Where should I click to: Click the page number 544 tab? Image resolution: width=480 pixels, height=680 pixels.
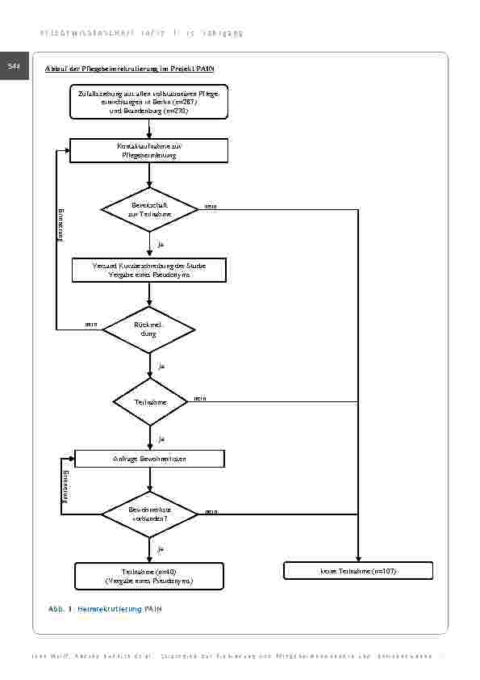click(14, 66)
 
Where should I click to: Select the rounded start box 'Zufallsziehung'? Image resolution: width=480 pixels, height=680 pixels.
click(149, 103)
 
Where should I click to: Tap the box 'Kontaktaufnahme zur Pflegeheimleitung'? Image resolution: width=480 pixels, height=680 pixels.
click(149, 150)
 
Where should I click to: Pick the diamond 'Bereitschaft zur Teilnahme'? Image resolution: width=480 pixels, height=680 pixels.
click(149, 210)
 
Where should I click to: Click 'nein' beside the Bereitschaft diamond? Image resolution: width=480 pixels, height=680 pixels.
click(211, 207)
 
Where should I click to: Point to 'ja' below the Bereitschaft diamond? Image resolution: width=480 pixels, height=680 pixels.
click(161, 243)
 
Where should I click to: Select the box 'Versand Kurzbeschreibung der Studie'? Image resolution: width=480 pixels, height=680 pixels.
click(149, 270)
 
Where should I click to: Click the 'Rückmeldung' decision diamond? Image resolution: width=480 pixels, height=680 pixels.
click(149, 330)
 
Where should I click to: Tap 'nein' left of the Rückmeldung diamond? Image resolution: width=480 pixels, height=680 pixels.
click(91, 325)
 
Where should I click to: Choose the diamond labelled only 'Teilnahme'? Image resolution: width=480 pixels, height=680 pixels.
click(149, 401)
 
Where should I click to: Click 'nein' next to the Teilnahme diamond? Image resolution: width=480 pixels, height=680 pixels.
click(199, 398)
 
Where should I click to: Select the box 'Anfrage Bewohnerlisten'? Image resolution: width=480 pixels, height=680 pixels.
click(149, 459)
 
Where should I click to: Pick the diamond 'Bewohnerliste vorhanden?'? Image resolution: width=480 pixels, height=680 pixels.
click(149, 514)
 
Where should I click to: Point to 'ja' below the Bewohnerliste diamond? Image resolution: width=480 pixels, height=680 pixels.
click(161, 549)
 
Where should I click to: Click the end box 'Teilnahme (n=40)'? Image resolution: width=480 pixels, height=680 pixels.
click(149, 576)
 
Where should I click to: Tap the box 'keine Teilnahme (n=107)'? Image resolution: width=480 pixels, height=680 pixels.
click(358, 571)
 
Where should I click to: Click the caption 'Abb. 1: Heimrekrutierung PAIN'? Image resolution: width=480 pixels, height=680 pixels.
click(105, 608)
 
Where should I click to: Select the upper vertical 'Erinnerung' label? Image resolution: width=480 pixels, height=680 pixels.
click(60, 223)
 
